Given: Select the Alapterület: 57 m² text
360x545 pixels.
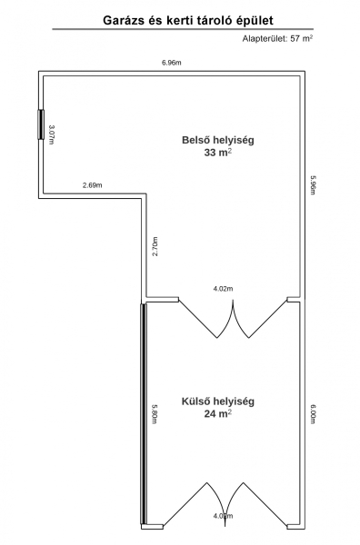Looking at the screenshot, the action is (277, 38).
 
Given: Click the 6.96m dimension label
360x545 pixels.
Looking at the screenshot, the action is (172, 63).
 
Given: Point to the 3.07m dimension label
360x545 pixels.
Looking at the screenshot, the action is (51, 134).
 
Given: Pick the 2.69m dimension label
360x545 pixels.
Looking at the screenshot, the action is (93, 185).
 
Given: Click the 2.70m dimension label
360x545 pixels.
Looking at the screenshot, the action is (155, 246).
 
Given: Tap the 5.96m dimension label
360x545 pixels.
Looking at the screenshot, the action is (313, 184).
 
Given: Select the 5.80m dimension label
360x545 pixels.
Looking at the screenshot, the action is (155, 413).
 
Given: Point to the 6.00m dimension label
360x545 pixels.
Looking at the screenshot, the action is (313, 413).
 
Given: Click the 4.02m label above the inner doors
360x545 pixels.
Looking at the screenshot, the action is (223, 289).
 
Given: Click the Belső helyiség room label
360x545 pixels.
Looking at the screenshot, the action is (218, 140).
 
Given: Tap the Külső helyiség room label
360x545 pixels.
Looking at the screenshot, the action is (218, 401).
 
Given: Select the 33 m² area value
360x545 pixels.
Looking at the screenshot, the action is (218, 153).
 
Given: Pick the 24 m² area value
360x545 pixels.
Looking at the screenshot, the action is (218, 413).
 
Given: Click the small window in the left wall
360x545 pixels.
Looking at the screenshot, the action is (41, 124).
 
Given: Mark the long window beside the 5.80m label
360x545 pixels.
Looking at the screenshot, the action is (144, 413).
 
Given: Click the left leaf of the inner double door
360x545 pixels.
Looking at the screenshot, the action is (206, 317).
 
